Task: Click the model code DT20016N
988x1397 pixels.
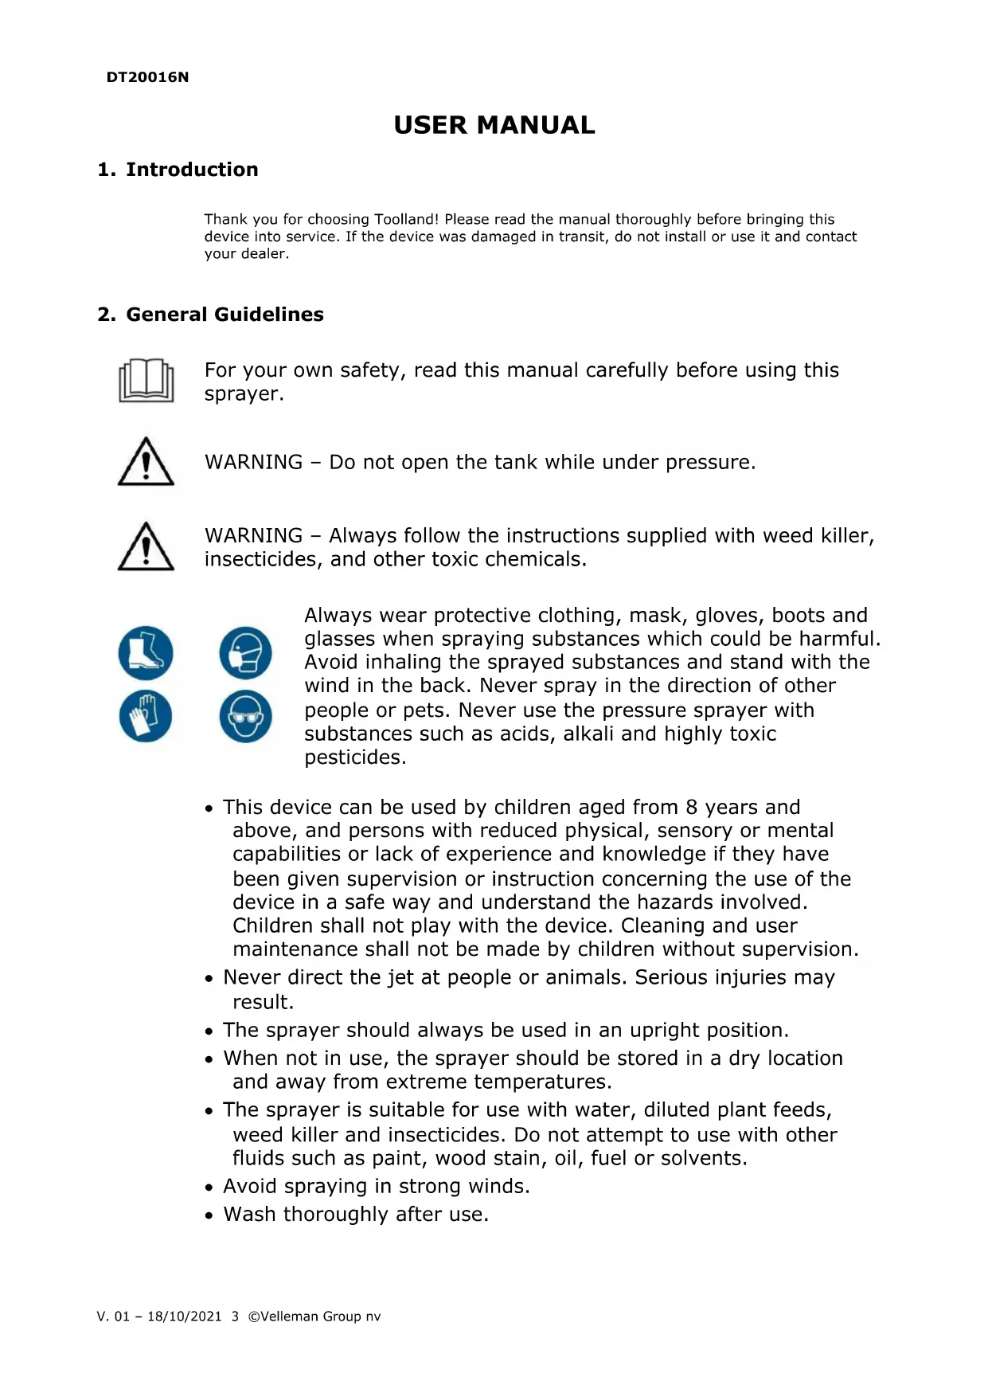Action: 147,77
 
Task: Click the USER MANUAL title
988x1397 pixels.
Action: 494,125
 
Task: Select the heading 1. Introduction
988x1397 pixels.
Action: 178,170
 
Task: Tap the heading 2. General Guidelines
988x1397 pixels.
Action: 210,315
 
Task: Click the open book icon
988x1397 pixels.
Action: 146,381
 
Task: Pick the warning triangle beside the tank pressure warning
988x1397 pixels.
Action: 146,462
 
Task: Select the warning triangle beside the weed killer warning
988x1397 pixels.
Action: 146,547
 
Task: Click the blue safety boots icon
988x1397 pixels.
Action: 146,652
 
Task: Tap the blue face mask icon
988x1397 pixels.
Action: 245,652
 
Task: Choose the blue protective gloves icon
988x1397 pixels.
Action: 146,715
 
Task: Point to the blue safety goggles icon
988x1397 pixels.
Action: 245,715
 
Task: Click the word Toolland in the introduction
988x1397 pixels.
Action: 406,219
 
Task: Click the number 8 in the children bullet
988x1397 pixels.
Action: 691,808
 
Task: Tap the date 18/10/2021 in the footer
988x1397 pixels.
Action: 184,1317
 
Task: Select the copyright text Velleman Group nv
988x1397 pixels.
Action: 320,1317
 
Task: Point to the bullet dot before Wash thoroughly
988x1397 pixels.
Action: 209,1216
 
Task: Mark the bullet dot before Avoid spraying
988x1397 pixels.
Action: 209,1188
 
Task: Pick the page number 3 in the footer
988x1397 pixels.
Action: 235,1317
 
